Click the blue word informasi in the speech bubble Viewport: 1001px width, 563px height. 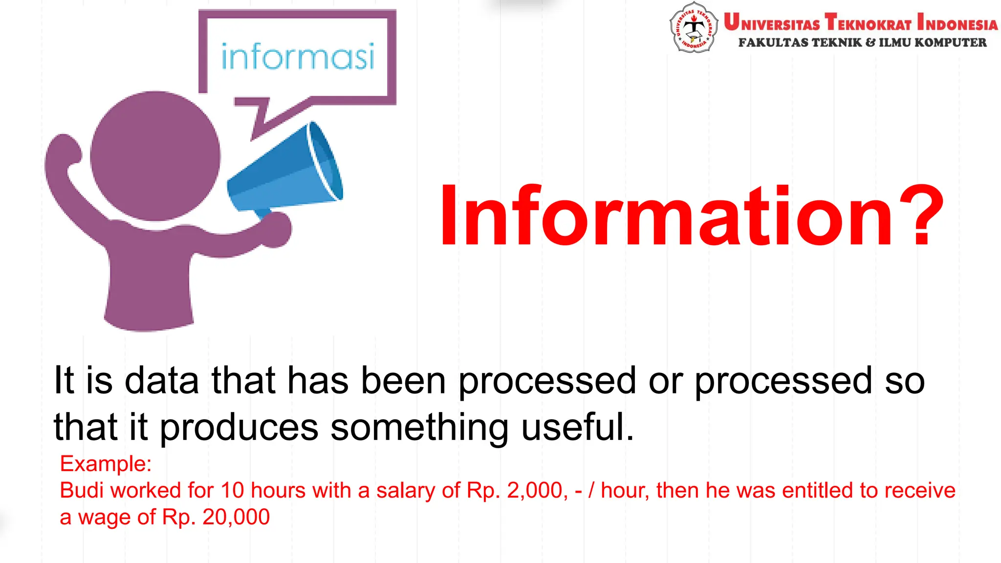(298, 57)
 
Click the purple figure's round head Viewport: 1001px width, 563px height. (155, 155)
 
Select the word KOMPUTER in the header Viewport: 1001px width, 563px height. (950, 43)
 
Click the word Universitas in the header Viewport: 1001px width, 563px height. (772, 23)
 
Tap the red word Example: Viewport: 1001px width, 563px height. (106, 463)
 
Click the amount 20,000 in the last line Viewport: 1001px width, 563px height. (236, 517)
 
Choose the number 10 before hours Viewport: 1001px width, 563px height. (232, 490)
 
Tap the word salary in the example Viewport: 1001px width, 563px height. (406, 491)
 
